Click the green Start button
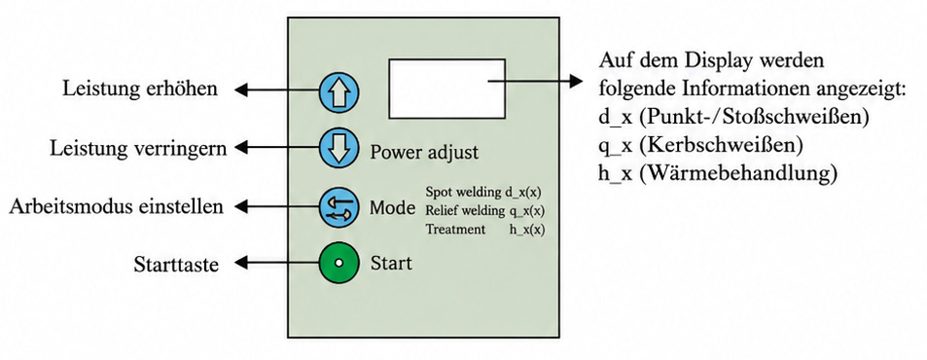(x=339, y=263)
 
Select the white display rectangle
(x=446, y=88)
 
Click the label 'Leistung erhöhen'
(x=140, y=89)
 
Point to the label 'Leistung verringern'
(x=138, y=148)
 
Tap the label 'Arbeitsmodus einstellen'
(x=117, y=207)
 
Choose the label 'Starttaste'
(x=176, y=264)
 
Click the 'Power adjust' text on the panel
(x=424, y=153)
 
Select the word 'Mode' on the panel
(x=392, y=207)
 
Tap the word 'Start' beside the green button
(x=391, y=262)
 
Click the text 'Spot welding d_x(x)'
(x=483, y=192)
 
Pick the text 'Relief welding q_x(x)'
(x=484, y=211)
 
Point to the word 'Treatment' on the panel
(x=455, y=230)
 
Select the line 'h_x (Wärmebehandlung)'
(x=718, y=174)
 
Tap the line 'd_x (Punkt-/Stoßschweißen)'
(x=733, y=117)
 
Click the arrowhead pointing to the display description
(x=576, y=82)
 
